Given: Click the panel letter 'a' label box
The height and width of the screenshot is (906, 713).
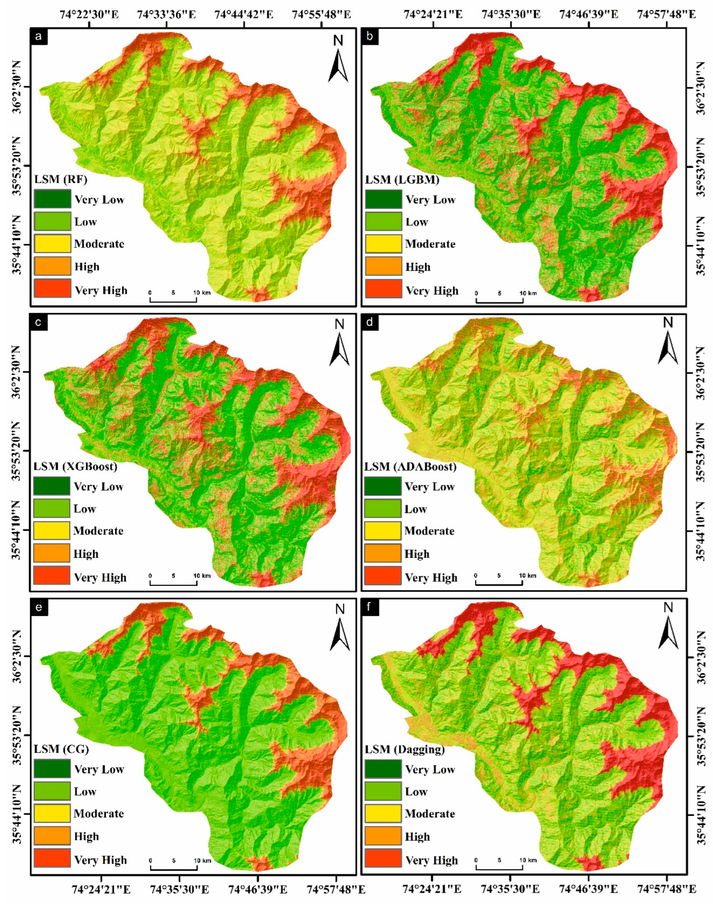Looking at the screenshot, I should (39, 37).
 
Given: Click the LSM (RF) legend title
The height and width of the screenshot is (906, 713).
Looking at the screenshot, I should (61, 180).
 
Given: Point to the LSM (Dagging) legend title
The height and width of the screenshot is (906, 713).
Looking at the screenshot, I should (404, 749).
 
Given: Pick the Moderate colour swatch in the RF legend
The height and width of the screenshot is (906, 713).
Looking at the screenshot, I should (52, 244).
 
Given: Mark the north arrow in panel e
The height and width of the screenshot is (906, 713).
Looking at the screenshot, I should (340, 629).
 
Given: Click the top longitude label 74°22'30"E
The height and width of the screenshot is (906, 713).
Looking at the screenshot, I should (89, 14).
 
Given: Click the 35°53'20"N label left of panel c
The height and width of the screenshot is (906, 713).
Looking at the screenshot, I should (19, 451).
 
